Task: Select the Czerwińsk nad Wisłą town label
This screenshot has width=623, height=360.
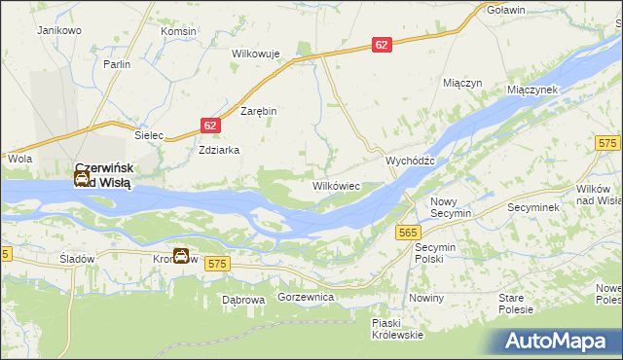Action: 105,173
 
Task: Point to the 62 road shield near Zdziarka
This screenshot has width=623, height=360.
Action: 211,126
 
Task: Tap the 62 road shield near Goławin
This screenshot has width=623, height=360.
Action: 382,45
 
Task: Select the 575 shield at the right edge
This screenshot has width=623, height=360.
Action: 609,144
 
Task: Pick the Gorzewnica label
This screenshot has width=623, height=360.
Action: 306,295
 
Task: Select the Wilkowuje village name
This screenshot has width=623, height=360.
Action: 256,54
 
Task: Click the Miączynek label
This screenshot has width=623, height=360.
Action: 531,89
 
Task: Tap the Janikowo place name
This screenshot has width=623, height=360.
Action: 58,30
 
